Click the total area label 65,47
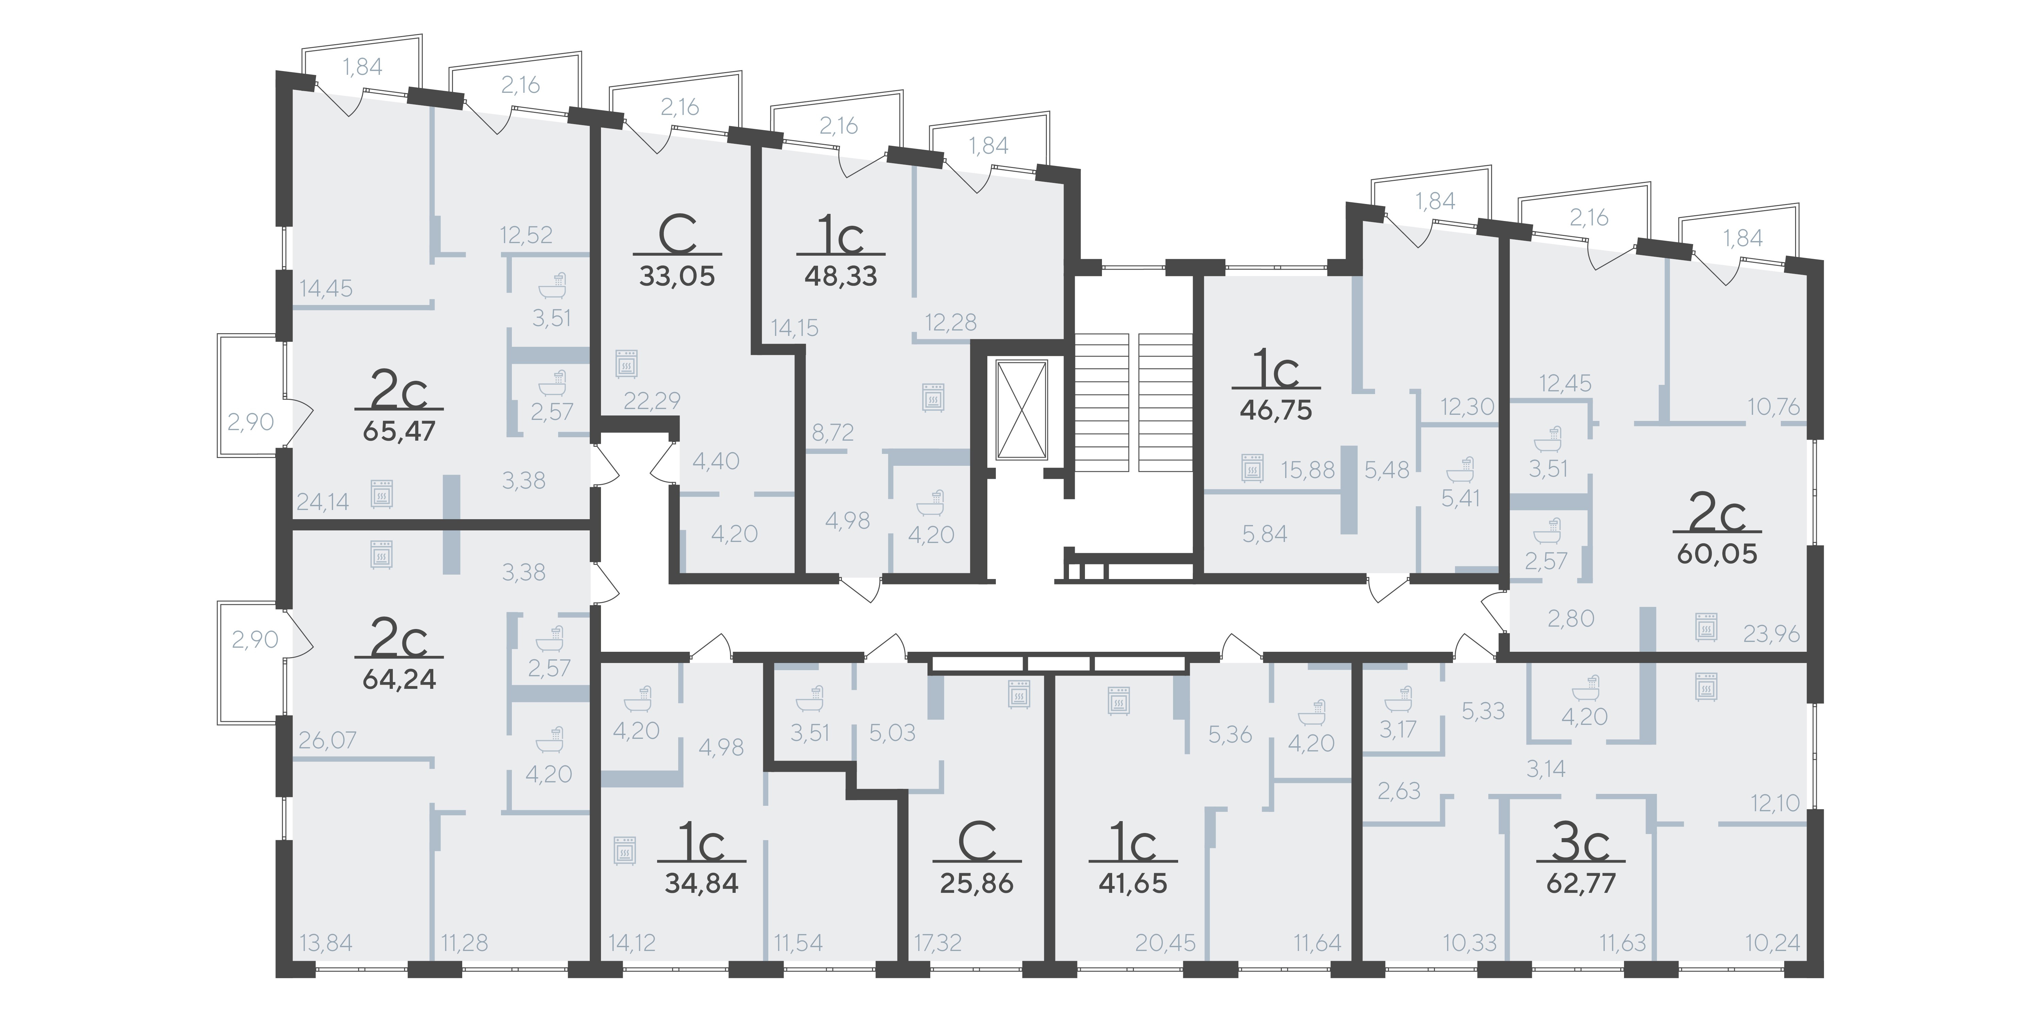tap(399, 431)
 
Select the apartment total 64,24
tap(399, 679)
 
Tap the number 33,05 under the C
tap(677, 276)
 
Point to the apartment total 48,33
tap(841, 276)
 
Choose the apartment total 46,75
tap(1276, 410)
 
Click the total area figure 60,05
tap(1717, 554)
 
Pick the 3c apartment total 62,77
tap(1581, 883)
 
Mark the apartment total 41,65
tap(1133, 883)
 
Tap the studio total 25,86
tap(977, 883)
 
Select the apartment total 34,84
tap(702, 883)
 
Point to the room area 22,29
tap(652, 401)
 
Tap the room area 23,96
tap(1772, 633)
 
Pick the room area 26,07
tap(327, 741)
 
